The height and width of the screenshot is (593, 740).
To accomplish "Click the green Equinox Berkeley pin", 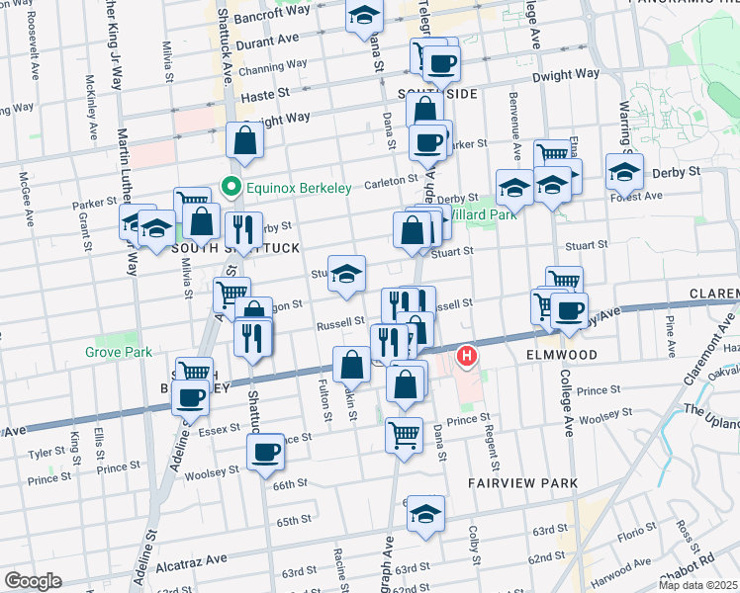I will pos(231,186).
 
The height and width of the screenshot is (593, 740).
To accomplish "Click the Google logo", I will pos(34,581).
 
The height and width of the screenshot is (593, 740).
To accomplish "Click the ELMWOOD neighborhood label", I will pos(558,353).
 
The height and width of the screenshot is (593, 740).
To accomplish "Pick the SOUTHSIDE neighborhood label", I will pos(438,93).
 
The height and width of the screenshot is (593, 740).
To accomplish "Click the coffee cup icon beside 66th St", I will pos(265,454).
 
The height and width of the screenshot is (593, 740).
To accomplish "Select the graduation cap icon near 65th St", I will pos(426,513).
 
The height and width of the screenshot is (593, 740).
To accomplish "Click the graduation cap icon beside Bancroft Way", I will pos(364,16).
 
